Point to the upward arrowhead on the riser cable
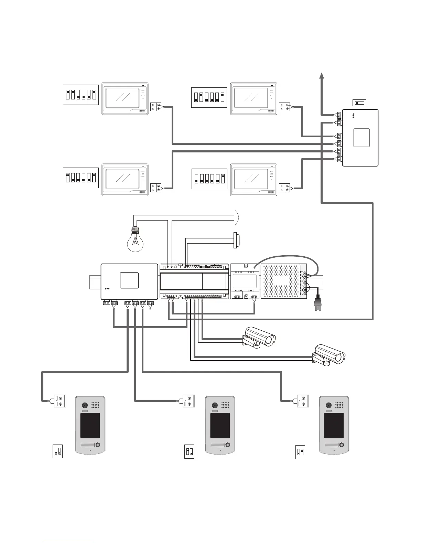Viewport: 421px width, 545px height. (x=322, y=76)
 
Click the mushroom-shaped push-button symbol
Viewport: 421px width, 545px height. (x=237, y=240)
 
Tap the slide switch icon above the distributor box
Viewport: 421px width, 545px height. (x=360, y=103)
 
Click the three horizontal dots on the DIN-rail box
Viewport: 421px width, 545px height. (x=107, y=289)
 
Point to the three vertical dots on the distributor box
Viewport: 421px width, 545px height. (x=353, y=116)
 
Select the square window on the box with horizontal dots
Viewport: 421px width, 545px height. (x=129, y=280)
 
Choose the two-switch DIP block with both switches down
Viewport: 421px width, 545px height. (x=57, y=451)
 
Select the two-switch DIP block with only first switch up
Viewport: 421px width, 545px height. (x=189, y=452)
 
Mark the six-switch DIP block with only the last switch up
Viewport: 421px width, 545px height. (x=209, y=179)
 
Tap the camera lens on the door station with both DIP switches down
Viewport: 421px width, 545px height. (x=84, y=405)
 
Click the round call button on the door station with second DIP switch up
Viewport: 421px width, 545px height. (x=341, y=445)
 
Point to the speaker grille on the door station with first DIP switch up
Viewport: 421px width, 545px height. (x=226, y=405)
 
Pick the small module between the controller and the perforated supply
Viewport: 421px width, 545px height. (x=245, y=281)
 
